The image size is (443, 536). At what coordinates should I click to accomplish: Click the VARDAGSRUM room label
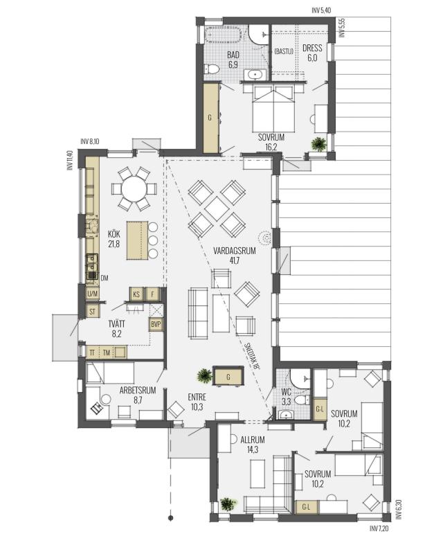click(x=235, y=251)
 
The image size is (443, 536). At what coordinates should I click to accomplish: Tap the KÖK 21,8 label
click(x=114, y=239)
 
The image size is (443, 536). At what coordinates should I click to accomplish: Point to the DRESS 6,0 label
click(x=312, y=53)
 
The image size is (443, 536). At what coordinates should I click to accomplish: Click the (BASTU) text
click(x=284, y=52)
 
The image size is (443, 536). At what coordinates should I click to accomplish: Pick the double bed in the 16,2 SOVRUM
click(x=273, y=109)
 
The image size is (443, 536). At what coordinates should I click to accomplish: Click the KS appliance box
click(x=136, y=294)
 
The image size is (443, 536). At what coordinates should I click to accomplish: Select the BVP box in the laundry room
click(x=156, y=324)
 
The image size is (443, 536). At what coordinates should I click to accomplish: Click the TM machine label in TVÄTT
click(x=106, y=352)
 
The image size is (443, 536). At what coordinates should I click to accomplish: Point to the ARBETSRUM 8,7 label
click(x=138, y=395)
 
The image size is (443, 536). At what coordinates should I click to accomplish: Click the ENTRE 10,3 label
click(x=197, y=402)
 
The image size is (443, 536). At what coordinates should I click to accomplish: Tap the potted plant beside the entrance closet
click(x=205, y=375)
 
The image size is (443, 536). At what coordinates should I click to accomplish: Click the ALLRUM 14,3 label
click(x=253, y=444)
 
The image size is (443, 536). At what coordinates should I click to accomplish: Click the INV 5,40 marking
click(x=321, y=10)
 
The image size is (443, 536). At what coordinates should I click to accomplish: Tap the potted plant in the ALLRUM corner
click(x=228, y=503)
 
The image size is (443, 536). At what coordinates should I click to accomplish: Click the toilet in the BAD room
click(x=212, y=69)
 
